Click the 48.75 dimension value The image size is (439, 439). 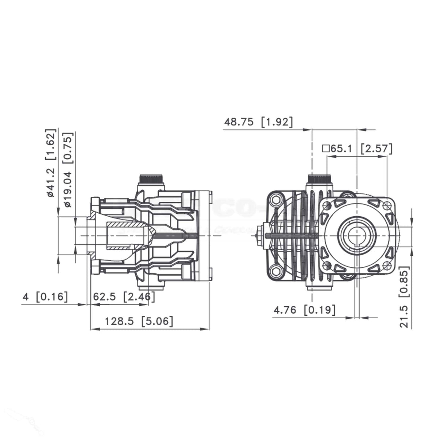click(x=239, y=122)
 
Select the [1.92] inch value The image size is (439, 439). click(x=277, y=122)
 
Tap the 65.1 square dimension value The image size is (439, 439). click(x=341, y=149)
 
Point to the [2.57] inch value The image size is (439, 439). click(x=376, y=149)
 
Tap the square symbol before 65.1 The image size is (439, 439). click(x=325, y=149)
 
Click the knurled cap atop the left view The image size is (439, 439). click(x=151, y=180)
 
